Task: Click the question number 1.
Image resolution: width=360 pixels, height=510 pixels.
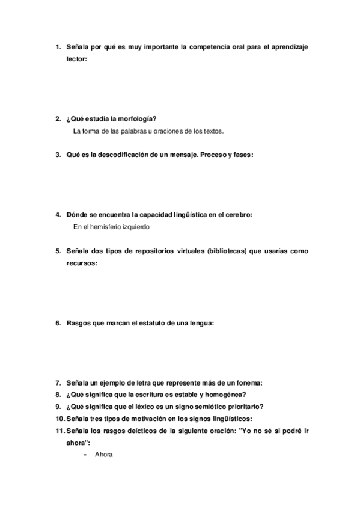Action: tap(58, 46)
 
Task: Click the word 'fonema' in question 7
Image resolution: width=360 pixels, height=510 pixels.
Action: tap(249, 383)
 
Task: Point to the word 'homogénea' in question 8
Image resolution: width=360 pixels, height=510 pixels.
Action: tap(223, 395)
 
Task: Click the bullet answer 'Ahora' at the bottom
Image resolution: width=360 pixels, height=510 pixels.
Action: tap(103, 455)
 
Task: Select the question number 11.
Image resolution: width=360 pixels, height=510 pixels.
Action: tap(59, 431)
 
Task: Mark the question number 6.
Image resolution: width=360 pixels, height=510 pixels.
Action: tap(58, 323)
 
